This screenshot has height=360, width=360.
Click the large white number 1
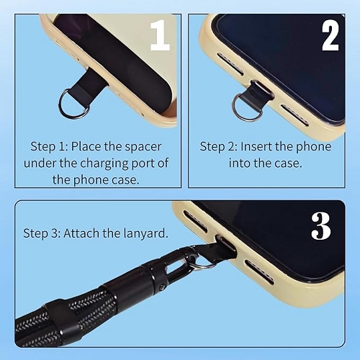(159, 35)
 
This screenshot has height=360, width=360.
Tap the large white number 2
(330, 37)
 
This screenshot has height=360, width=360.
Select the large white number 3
(321, 226)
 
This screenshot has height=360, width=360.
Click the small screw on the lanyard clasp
(162, 287)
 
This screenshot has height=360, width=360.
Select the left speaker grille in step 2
(230, 63)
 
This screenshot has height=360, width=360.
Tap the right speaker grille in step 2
(295, 114)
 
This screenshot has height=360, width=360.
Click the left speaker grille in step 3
(195, 221)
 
